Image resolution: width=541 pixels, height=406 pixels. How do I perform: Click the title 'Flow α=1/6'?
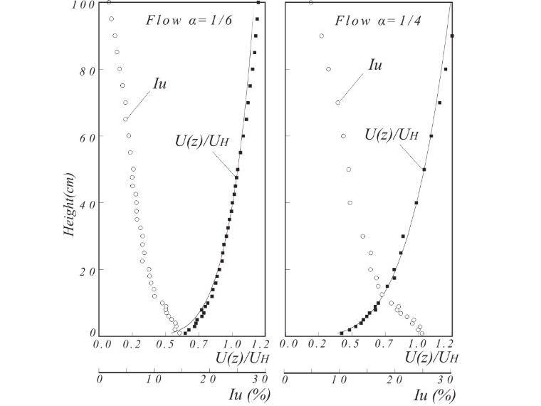coord(189,21)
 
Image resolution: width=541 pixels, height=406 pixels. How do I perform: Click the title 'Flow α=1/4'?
coord(378,21)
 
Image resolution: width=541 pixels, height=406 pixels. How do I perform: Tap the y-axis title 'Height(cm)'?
coord(69,204)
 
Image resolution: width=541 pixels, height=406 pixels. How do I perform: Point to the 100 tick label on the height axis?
coord(84,5)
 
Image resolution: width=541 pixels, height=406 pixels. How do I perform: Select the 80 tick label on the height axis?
coord(88,71)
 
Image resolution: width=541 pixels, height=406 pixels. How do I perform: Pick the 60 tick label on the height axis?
coord(88,138)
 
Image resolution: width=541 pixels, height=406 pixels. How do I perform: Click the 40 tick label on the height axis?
coord(88,204)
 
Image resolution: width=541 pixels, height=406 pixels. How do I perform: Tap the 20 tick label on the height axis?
coord(88,271)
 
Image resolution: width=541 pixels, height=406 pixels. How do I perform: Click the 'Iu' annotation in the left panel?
coord(159,84)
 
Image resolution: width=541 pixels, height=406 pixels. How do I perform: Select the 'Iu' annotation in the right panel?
coord(375,65)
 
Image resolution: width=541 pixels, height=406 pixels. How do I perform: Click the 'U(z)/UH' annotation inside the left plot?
coord(202,141)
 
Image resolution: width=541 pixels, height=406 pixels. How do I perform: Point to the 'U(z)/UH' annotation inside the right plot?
coord(392,135)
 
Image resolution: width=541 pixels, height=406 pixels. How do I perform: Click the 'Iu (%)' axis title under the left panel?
coord(249,395)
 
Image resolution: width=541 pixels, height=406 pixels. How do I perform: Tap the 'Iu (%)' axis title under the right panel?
coord(435,395)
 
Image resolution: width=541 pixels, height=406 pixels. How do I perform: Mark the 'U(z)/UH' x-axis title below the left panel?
coord(242,358)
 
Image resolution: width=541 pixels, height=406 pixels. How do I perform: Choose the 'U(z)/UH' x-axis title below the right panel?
coord(431,358)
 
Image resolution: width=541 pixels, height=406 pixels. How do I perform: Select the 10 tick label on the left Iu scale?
coord(154,380)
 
